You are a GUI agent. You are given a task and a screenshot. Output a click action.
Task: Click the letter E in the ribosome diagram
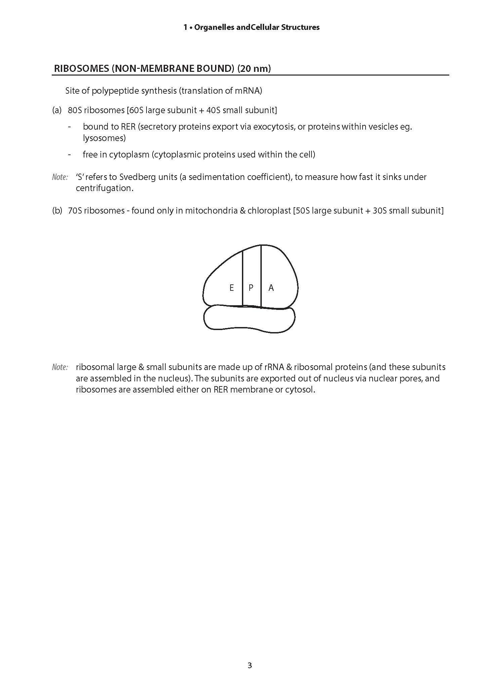point(232,288)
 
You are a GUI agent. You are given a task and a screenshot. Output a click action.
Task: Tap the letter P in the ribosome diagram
point(251,288)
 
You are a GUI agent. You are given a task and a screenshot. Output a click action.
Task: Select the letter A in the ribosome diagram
point(271,288)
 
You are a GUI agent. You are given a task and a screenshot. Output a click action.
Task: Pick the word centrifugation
point(104,188)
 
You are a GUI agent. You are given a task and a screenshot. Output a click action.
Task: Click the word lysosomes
point(104,138)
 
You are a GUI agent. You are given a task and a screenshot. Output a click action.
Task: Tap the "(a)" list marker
point(57,110)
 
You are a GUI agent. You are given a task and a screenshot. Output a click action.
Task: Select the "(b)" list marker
point(57,211)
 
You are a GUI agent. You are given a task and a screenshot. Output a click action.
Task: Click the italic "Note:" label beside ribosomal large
point(60,367)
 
